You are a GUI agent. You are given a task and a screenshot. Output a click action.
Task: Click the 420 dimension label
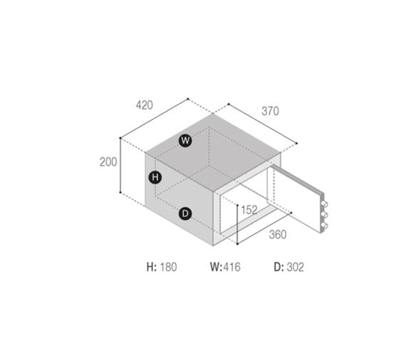144,105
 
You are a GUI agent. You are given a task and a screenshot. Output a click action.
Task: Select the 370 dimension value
270,111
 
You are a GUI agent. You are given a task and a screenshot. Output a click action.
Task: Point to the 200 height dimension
108,162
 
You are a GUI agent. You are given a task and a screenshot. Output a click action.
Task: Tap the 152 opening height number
249,210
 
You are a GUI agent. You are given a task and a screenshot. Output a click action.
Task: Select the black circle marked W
185,141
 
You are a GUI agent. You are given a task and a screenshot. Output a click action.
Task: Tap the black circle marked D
185,213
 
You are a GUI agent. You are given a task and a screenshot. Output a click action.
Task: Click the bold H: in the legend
151,268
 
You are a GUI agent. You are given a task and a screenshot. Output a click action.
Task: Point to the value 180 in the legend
168,268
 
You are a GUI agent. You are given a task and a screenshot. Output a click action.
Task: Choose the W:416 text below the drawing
224,268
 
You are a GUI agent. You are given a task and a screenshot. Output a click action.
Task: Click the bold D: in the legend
279,268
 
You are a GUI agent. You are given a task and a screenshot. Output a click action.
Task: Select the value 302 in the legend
295,268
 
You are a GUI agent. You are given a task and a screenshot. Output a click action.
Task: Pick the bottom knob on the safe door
326,227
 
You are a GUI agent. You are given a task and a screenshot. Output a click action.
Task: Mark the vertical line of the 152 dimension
237,224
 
